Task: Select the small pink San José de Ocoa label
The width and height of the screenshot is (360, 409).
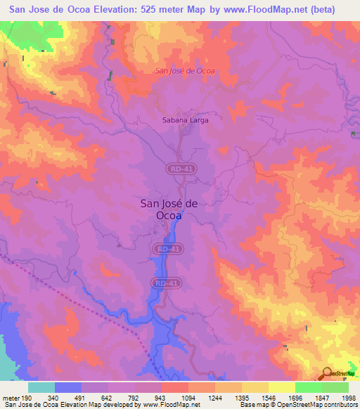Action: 184,71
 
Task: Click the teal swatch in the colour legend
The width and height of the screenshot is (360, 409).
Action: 41,387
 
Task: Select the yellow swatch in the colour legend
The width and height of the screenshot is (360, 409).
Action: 281,387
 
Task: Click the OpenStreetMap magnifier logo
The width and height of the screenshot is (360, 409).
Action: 328,374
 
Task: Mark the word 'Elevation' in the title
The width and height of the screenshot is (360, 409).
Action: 110,9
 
